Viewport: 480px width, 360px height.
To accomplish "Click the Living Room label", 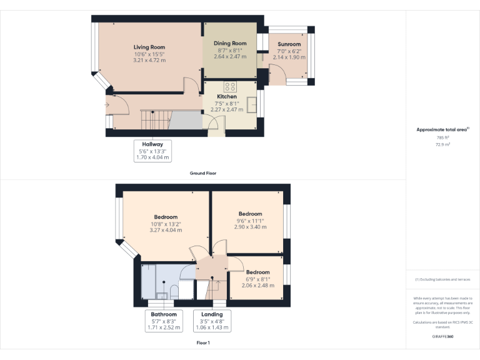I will [149, 47].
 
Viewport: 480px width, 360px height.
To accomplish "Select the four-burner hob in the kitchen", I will [229, 87].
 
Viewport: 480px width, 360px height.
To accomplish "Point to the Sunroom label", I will [289, 44].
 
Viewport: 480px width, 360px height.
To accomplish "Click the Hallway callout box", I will [152, 151].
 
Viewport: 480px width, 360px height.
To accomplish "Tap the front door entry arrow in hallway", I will [107, 105].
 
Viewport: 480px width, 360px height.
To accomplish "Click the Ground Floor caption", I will [203, 173].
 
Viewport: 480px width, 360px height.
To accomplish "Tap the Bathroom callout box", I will [164, 321].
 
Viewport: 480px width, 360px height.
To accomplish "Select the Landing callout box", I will [212, 321].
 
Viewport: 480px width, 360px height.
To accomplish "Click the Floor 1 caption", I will [203, 343].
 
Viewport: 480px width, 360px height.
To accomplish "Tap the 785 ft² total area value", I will [442, 137].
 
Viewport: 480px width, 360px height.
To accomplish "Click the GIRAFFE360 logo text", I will [442, 336].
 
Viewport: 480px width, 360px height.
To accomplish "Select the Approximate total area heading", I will [442, 129].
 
